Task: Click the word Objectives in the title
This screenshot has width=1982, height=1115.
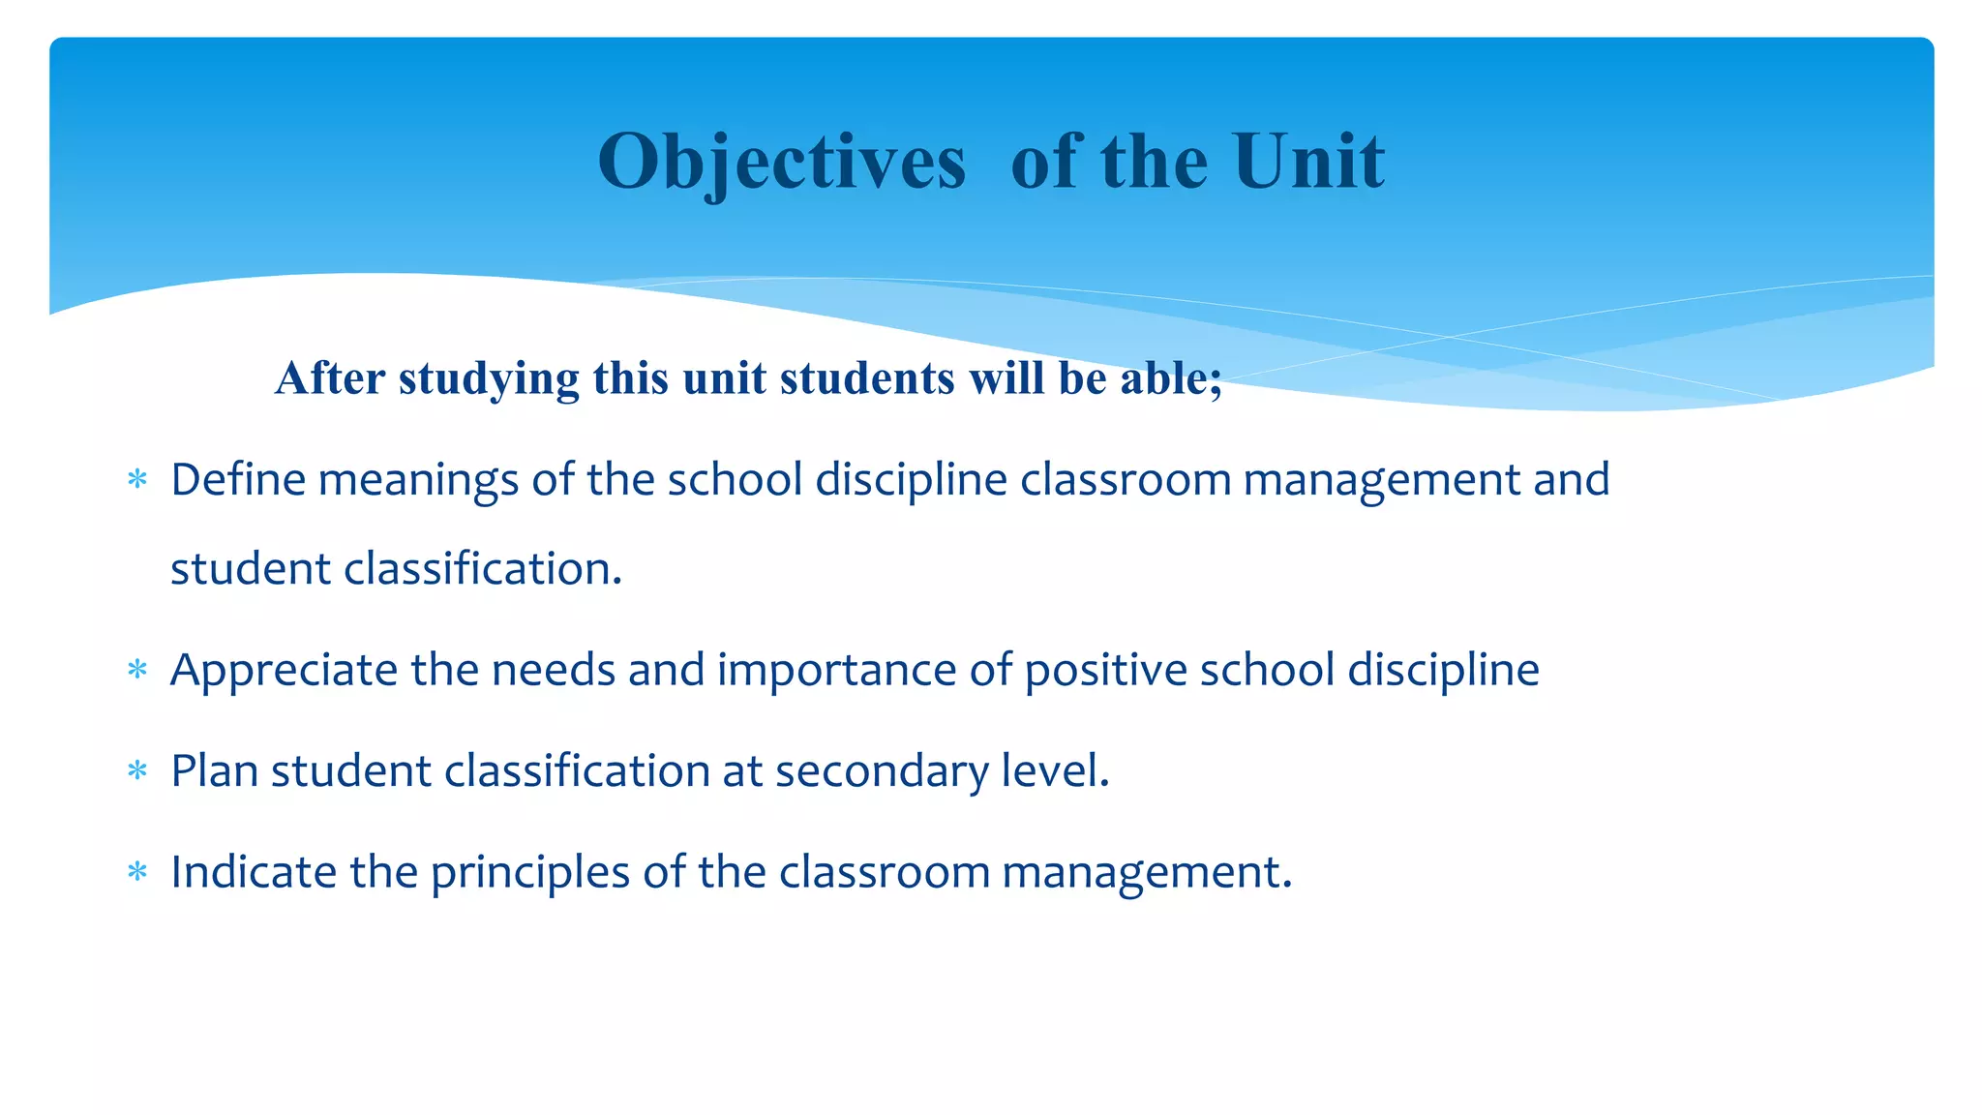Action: pyautogui.click(x=781, y=162)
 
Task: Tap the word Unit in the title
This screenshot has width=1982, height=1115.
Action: pyautogui.click(x=1308, y=162)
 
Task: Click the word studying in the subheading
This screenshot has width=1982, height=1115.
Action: pyautogui.click(x=489, y=378)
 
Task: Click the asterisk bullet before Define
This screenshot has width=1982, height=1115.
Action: pyautogui.click(x=137, y=479)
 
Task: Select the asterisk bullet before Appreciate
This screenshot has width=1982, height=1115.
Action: pyautogui.click(x=137, y=670)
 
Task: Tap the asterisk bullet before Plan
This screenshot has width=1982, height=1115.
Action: pyautogui.click(x=137, y=771)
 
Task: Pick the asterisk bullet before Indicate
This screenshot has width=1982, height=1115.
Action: pyautogui.click(x=137, y=873)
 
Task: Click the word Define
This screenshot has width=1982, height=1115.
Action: pyautogui.click(x=237, y=479)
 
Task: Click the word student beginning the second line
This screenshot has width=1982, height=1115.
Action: pyautogui.click(x=251, y=569)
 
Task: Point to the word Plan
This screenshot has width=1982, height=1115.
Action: pyautogui.click(x=214, y=771)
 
